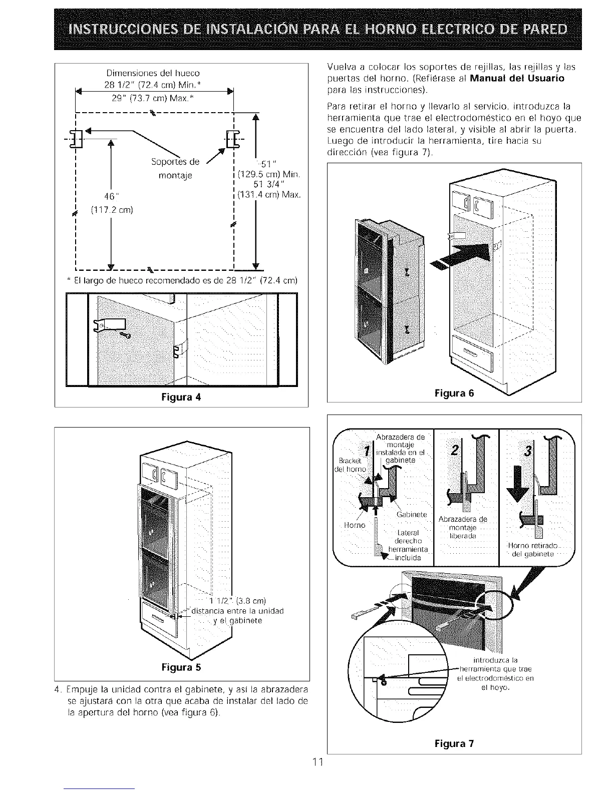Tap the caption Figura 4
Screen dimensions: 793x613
[181, 398]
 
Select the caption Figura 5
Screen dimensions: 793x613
[181, 667]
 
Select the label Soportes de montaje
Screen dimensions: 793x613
[175, 168]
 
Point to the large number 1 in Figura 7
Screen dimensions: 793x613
[369, 451]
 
